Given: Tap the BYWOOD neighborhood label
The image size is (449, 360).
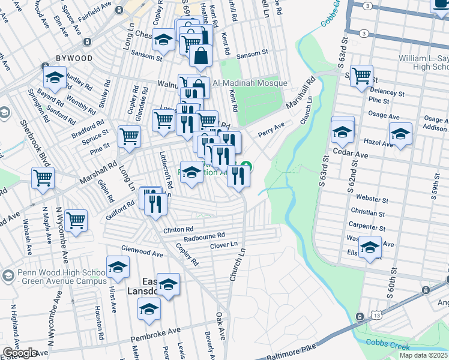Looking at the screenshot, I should [74, 58].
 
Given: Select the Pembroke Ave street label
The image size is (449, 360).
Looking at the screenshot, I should [158, 331].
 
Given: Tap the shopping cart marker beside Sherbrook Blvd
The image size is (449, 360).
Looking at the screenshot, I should [43, 178].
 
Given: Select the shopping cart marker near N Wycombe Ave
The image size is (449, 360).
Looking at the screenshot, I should [76, 220].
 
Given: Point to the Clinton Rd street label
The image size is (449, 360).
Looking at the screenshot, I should [178, 229].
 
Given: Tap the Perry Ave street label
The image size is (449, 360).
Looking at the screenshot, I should [270, 131].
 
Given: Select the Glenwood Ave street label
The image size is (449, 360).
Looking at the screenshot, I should [142, 254].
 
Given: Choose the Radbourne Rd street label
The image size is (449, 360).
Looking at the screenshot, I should [204, 235].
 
